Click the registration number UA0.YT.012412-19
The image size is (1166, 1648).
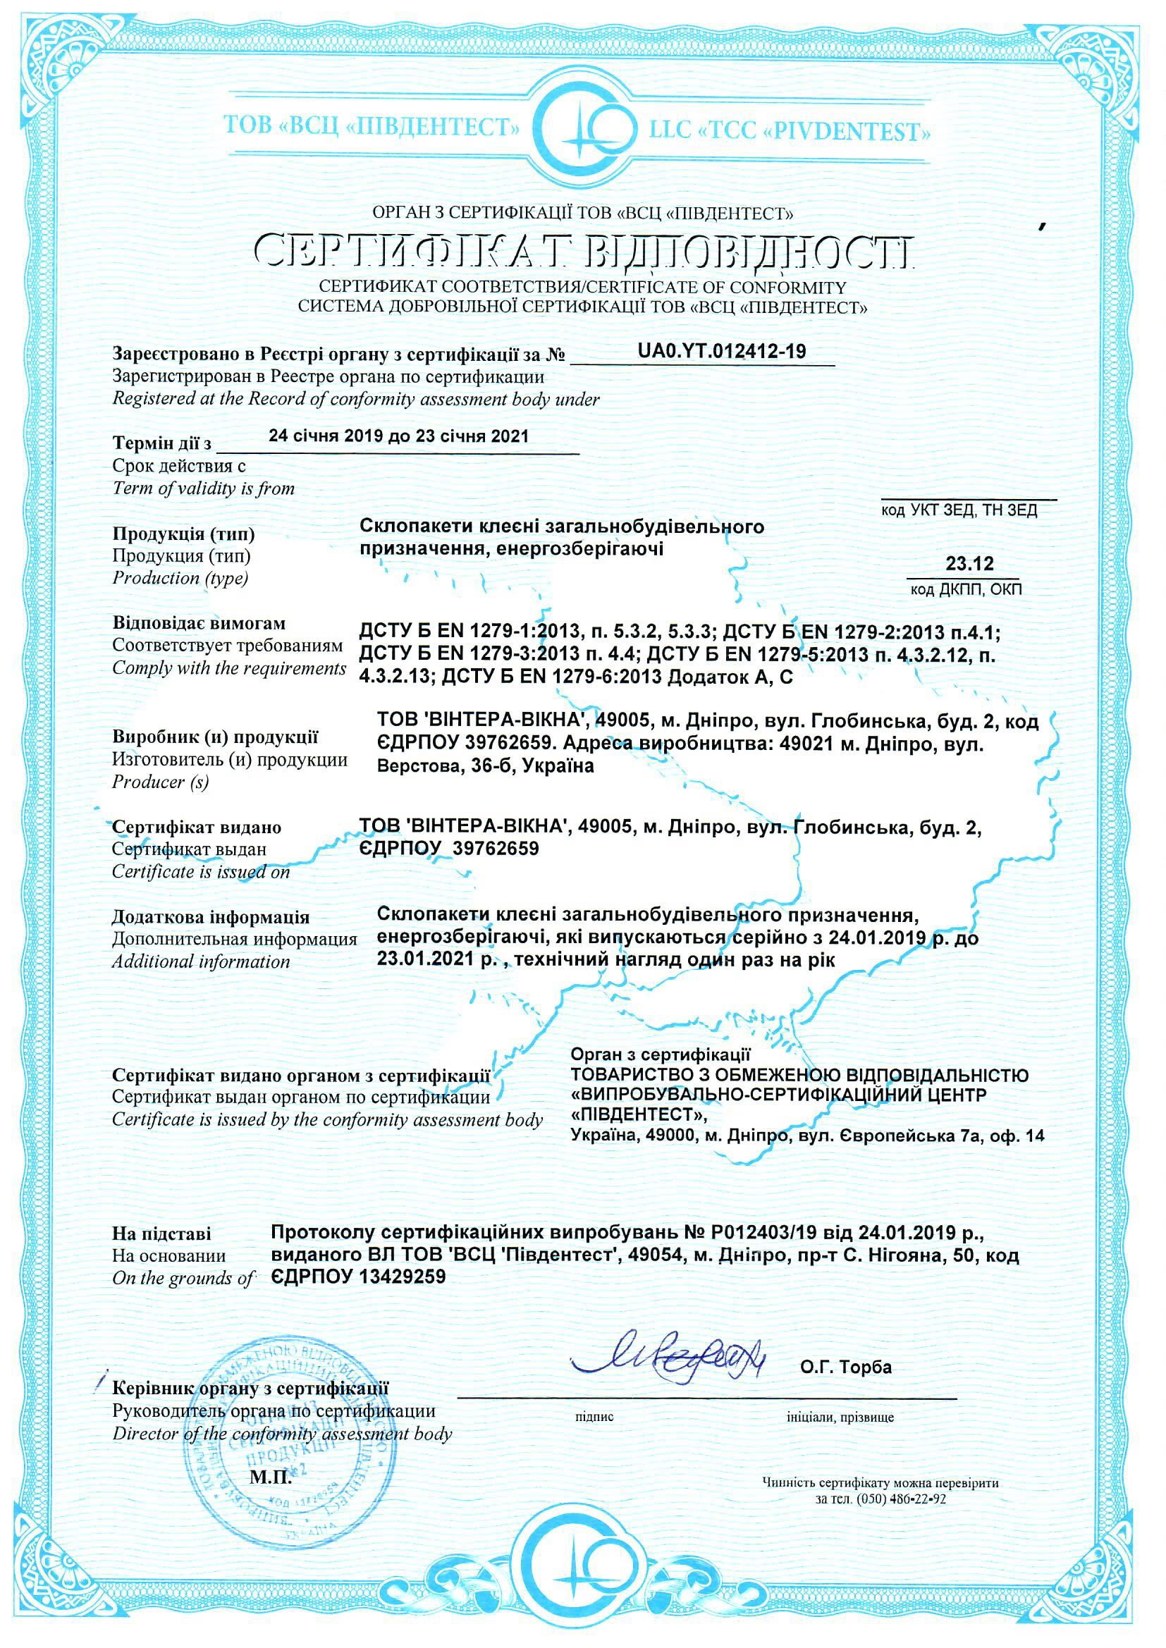point(722,352)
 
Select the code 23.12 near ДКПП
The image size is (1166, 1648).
point(969,564)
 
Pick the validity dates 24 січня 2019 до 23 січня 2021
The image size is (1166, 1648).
point(398,436)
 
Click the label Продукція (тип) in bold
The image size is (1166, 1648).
point(184,534)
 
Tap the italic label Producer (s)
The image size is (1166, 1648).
point(160,782)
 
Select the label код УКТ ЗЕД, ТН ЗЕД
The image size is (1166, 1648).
point(959,510)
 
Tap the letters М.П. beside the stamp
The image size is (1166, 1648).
point(271,1478)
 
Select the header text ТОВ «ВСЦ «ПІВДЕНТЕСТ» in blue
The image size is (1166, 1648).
point(372,127)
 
